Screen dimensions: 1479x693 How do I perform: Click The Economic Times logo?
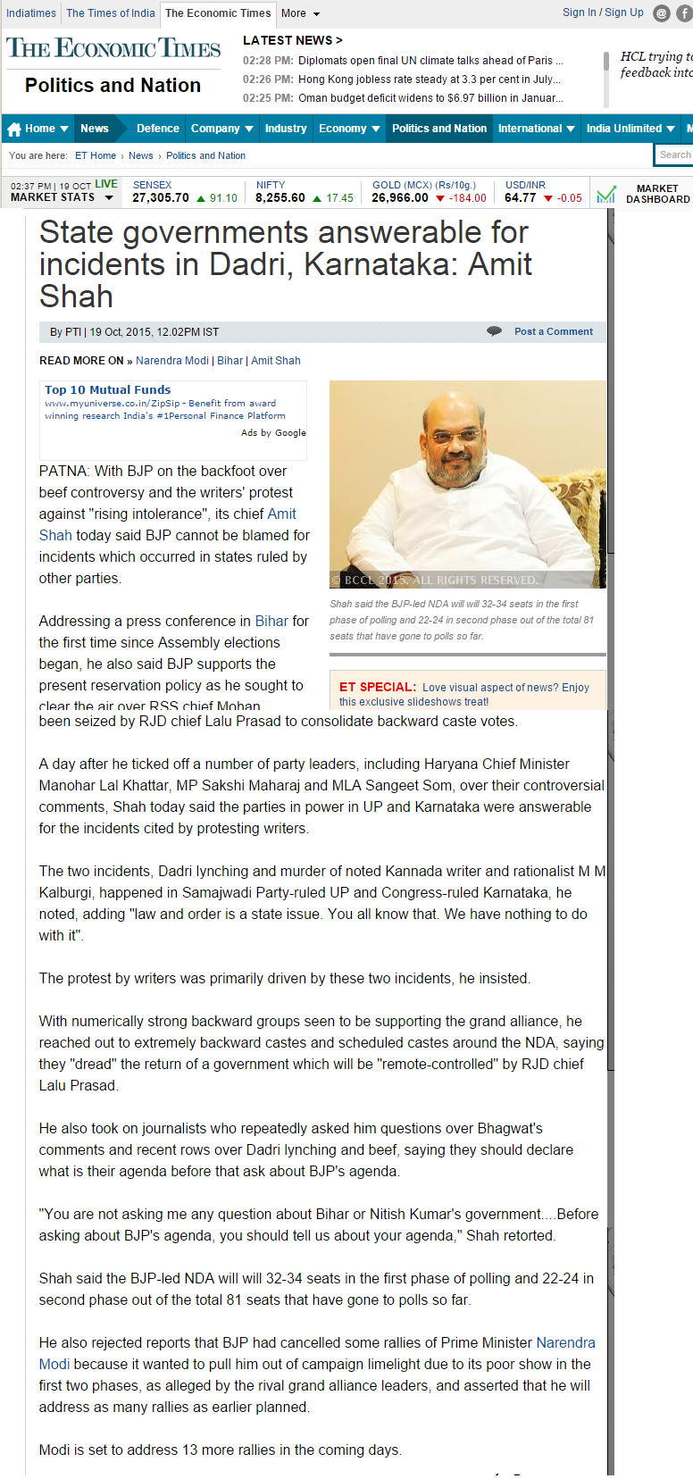pyautogui.click(x=113, y=48)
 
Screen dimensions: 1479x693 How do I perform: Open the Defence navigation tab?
pyautogui.click(x=157, y=129)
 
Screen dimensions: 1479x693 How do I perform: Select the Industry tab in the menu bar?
pyautogui.click(x=286, y=129)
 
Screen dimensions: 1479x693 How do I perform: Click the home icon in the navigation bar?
pyautogui.click(x=14, y=130)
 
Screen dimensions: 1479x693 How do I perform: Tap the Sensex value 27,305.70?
pyautogui.click(x=161, y=198)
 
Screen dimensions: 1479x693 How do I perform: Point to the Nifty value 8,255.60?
pyautogui.click(x=280, y=198)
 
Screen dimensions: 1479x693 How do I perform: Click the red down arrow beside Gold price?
pyautogui.click(x=440, y=198)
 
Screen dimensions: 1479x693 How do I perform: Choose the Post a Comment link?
pyautogui.click(x=554, y=331)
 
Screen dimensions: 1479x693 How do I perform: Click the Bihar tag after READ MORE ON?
pyautogui.click(x=230, y=361)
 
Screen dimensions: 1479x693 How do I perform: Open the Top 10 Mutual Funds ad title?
pyautogui.click(x=108, y=389)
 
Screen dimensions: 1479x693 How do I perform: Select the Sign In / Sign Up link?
pyautogui.click(x=603, y=13)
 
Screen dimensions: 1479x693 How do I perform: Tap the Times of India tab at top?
pyautogui.click(x=111, y=13)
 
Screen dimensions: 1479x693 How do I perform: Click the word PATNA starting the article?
pyautogui.click(x=63, y=471)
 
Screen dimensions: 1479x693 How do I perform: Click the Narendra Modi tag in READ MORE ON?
pyautogui.click(x=172, y=361)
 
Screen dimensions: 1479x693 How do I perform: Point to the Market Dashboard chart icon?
pyautogui.click(x=606, y=194)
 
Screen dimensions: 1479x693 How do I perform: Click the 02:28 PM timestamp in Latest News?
pyautogui.click(x=268, y=61)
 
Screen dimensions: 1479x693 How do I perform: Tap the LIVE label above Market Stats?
pyautogui.click(x=106, y=184)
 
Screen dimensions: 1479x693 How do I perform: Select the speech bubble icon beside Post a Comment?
pyautogui.click(x=494, y=331)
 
